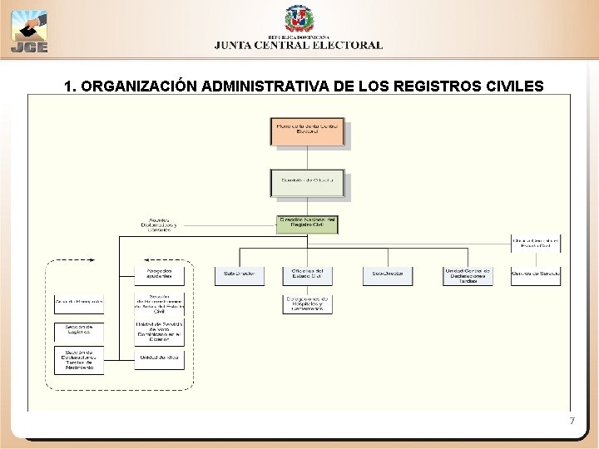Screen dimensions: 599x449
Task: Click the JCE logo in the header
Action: (x=30, y=32)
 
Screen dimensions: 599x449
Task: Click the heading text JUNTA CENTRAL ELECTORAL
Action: (x=299, y=47)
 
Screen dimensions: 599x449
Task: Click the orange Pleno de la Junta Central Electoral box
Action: (x=307, y=132)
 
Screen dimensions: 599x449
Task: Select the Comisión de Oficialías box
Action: (x=307, y=183)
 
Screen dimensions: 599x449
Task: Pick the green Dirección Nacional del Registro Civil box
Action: (x=307, y=224)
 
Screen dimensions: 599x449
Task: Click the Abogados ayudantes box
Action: (x=160, y=275)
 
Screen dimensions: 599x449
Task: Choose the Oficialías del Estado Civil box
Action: (x=307, y=275)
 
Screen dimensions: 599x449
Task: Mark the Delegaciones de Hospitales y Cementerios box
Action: (x=307, y=304)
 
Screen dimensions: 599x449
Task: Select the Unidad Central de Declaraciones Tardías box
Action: (x=468, y=275)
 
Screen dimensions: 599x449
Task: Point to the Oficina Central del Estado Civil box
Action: (x=536, y=243)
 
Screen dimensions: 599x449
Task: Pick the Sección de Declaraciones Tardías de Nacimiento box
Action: (x=79, y=360)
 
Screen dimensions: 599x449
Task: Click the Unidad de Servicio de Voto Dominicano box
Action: (x=160, y=333)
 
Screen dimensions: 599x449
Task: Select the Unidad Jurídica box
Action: (x=160, y=358)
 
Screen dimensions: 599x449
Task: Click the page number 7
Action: (x=572, y=422)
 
